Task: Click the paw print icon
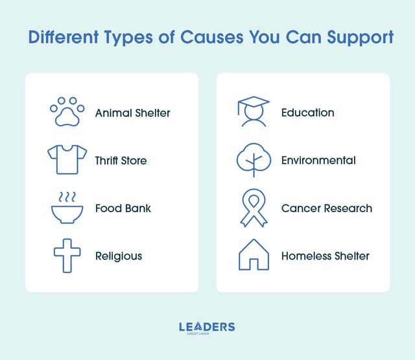[67, 112]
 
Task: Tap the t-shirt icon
[67, 160]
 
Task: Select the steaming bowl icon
[67, 208]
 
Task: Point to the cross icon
[67, 256]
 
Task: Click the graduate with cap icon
[253, 112]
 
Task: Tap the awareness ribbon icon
[254, 208]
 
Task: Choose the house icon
[254, 255]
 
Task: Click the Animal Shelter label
[132, 113]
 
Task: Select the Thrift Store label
[121, 160]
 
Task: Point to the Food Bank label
[123, 208]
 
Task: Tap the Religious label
[118, 256]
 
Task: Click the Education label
[307, 113]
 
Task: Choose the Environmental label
[318, 160]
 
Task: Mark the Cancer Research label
[326, 208]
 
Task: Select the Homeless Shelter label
[325, 256]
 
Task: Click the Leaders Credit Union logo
[207, 328]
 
